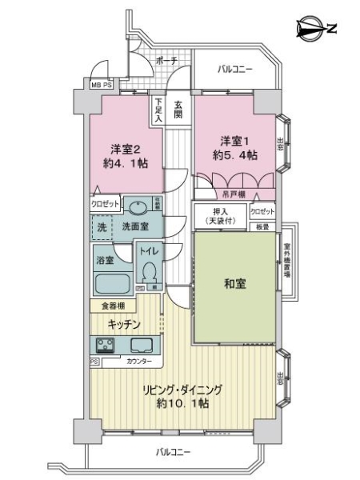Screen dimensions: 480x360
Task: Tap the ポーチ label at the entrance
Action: coord(166,61)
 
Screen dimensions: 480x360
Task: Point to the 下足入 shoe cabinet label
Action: coord(158,110)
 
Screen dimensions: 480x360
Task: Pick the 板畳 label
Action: coord(262,226)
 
